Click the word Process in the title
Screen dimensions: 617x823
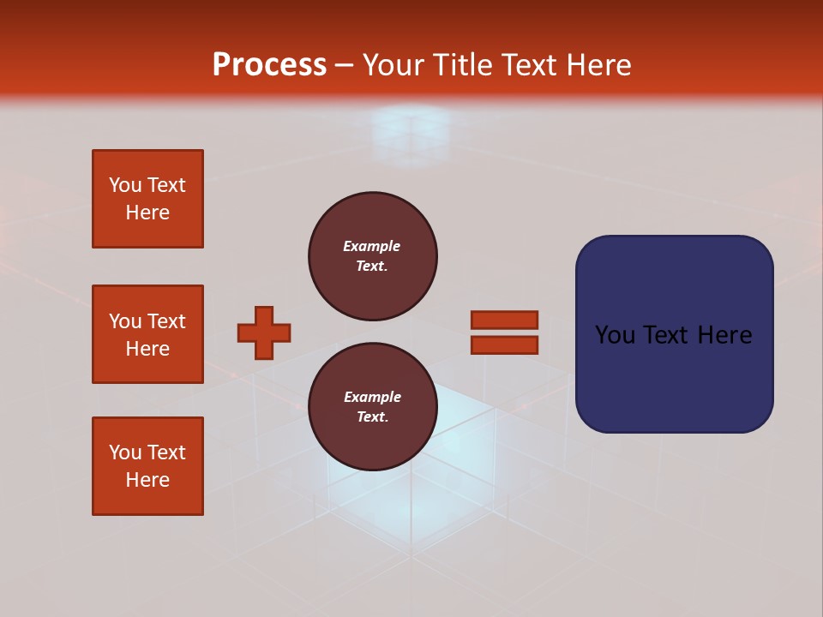[x=269, y=65]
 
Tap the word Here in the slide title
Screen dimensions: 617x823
[x=597, y=65]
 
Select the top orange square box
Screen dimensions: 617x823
[x=147, y=199]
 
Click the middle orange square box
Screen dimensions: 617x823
[x=147, y=334]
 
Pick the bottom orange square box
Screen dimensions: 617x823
[x=147, y=466]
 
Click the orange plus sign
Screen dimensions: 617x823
[x=264, y=332]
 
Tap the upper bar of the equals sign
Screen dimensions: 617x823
[x=504, y=320]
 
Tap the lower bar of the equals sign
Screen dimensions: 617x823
[x=504, y=344]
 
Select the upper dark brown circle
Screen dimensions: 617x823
[x=372, y=256]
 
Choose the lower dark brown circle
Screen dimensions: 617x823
[x=372, y=407]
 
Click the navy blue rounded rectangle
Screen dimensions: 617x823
[x=674, y=333]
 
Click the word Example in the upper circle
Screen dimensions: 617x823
[x=372, y=246]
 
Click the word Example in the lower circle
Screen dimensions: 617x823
[x=372, y=397]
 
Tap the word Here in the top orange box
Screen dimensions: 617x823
[x=147, y=213]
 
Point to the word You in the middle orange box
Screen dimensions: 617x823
[x=125, y=321]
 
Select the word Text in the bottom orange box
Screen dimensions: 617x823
[x=166, y=452]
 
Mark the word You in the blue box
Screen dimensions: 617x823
[x=615, y=335]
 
